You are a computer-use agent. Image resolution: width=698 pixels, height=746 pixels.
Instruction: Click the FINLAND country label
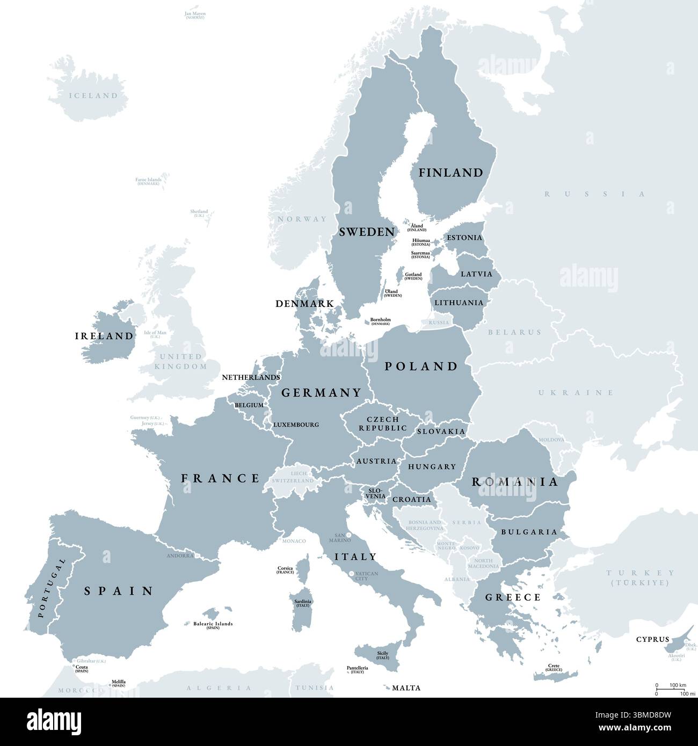450,173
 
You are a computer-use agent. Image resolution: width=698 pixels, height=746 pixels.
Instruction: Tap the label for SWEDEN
367,232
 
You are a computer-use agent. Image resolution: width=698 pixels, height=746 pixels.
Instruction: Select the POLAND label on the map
421,367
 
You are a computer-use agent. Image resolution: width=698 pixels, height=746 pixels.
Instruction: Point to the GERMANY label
322,393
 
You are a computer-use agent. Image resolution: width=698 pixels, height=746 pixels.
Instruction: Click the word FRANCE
220,478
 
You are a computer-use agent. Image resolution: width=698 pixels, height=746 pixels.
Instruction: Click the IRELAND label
104,337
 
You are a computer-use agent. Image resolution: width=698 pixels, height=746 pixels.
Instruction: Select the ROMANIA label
515,482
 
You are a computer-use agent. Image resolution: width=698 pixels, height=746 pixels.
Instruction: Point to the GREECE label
513,597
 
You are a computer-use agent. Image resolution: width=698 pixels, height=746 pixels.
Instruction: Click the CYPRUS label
652,639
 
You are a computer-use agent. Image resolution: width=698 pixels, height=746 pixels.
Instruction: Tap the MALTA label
406,688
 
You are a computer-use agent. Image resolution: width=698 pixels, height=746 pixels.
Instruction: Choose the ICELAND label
93,96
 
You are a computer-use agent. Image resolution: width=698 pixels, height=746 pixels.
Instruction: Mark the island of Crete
558,675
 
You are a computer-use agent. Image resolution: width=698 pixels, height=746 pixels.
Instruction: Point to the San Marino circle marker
349,535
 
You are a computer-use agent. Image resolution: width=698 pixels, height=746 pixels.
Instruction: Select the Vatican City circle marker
351,574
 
